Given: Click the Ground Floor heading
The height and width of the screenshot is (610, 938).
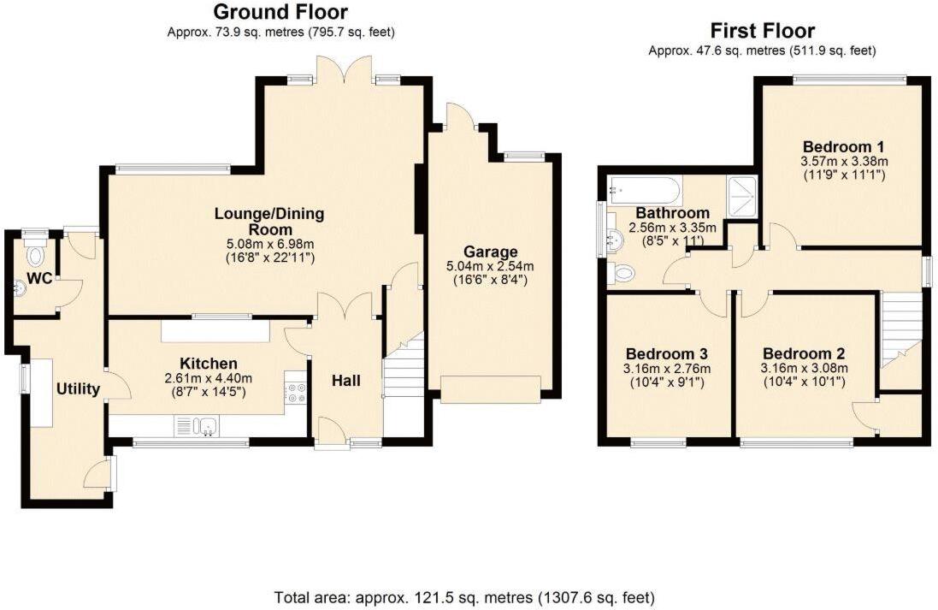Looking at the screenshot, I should click(280, 12).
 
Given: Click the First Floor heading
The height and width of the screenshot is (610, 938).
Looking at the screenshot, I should click(762, 31).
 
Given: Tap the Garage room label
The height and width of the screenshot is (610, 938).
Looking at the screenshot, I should click(491, 252).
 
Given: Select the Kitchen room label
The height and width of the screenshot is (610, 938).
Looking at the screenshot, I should click(209, 364).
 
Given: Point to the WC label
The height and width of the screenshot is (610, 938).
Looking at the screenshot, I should click(38, 278).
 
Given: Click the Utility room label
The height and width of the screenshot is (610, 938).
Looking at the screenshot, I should click(79, 389).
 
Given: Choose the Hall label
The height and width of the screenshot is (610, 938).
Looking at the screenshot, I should click(346, 381).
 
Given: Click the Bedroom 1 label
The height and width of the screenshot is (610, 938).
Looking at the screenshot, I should click(843, 145).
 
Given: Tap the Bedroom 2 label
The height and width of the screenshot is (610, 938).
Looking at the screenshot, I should click(803, 353).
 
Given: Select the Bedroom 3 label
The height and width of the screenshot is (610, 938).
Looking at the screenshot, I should click(666, 353).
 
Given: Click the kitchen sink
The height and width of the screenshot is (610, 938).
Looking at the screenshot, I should click(198, 424).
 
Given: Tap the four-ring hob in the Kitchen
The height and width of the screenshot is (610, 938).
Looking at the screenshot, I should click(297, 393).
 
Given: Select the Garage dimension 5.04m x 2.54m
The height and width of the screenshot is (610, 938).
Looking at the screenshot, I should click(491, 268).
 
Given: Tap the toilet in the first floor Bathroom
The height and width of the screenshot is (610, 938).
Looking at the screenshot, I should click(624, 273).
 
